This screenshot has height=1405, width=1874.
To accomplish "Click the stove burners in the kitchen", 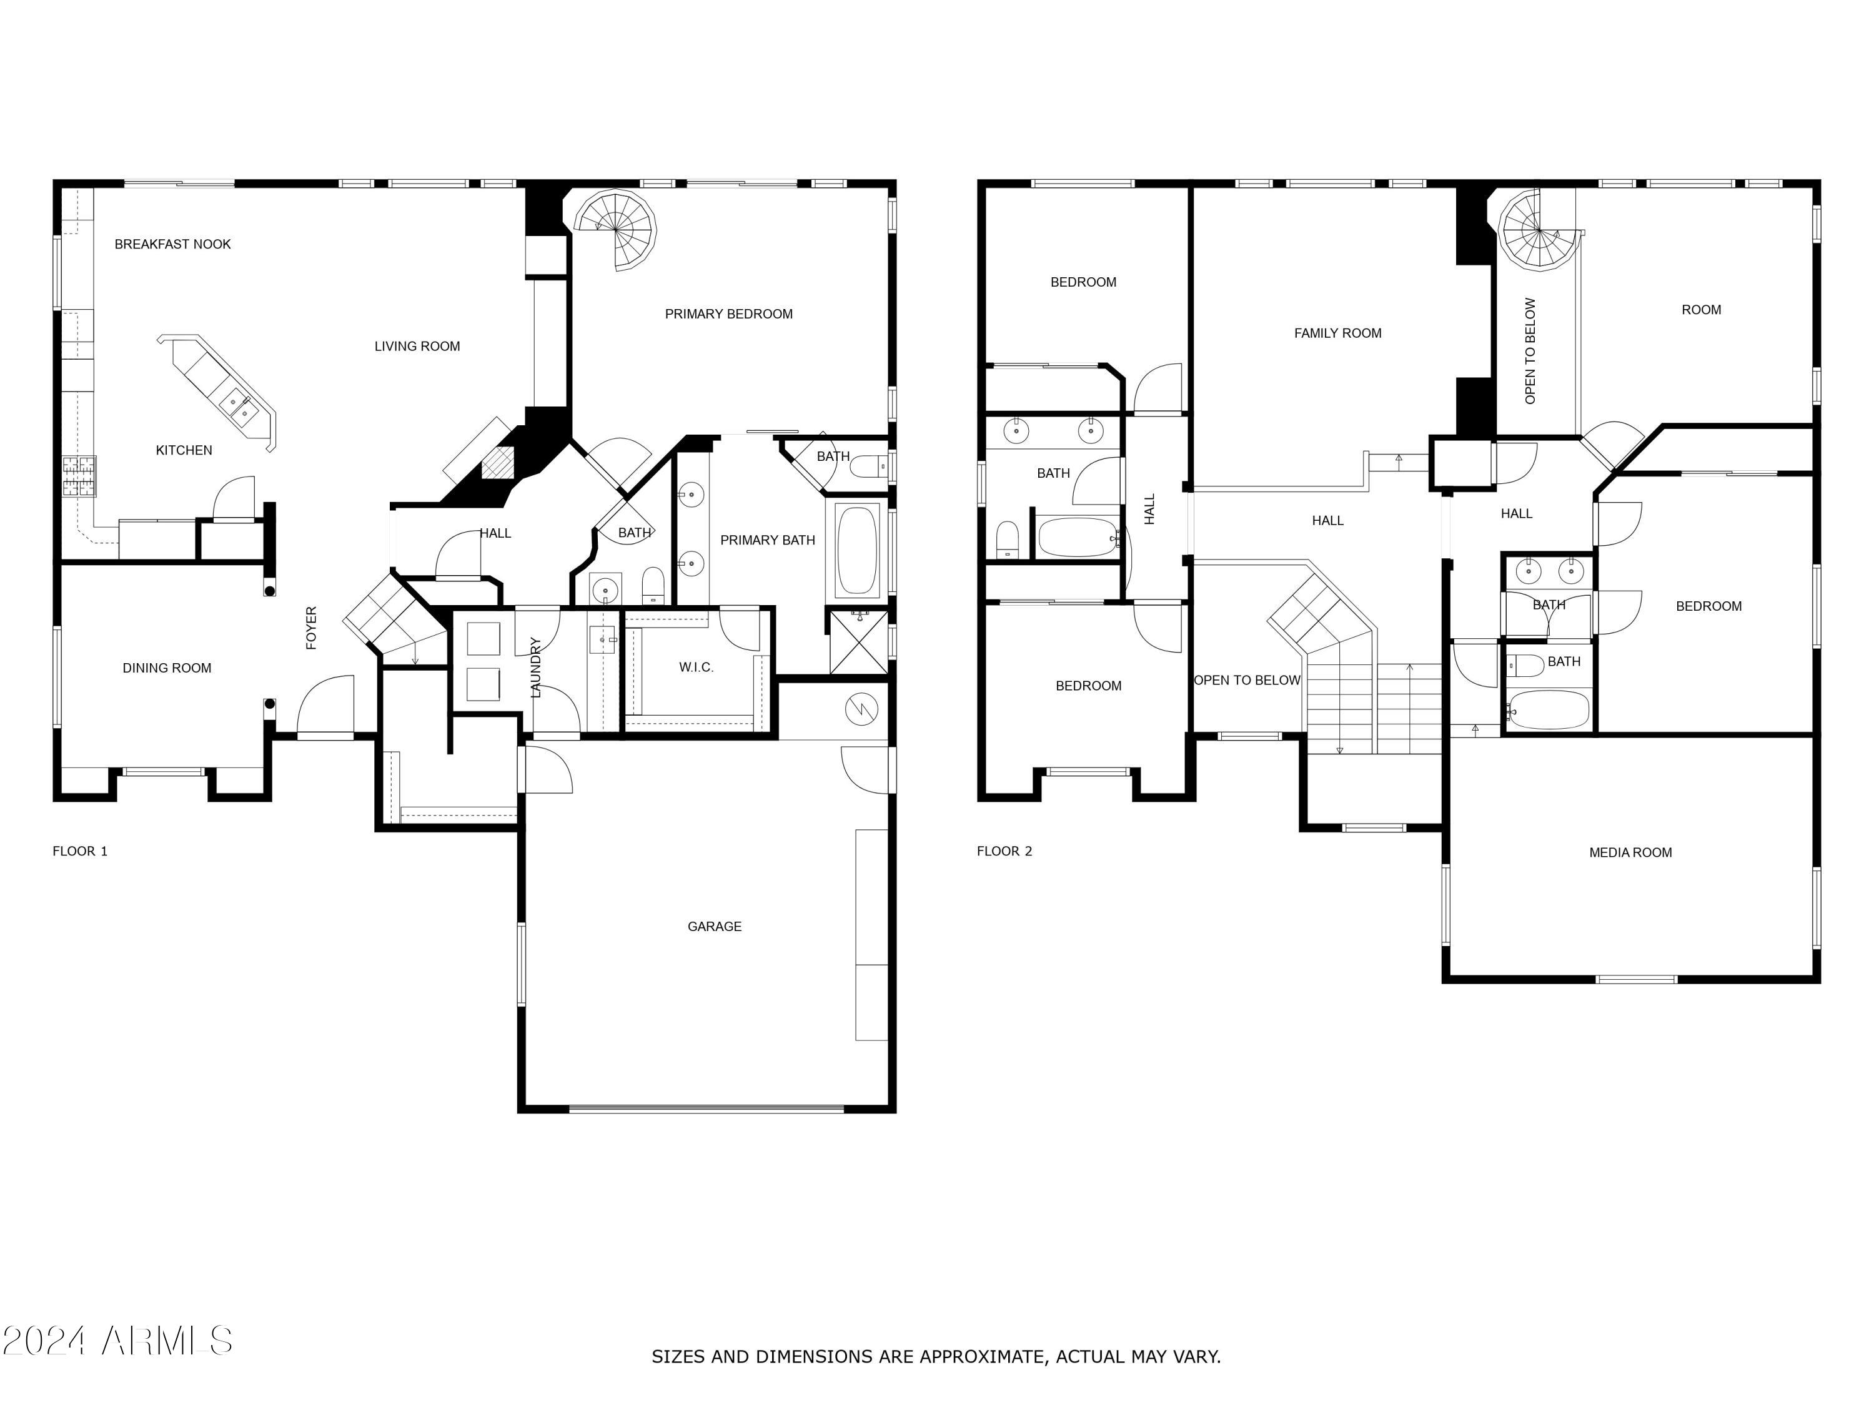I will [79, 475].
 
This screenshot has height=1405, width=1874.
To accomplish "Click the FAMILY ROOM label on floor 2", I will [1337, 333].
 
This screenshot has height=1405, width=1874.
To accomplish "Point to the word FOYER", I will [311, 628].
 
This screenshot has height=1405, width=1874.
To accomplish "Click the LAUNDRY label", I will [535, 668].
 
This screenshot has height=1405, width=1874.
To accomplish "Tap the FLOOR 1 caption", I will [79, 851].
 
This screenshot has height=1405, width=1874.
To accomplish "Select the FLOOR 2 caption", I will [1004, 851].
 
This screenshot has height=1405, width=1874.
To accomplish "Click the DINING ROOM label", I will [167, 668].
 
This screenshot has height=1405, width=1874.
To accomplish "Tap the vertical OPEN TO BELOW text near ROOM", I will [1530, 350].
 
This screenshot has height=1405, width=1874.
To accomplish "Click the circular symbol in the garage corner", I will [861, 709].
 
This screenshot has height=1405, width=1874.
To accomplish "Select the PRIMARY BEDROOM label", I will [728, 314].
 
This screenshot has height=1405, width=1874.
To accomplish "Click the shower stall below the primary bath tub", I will [858, 642].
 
